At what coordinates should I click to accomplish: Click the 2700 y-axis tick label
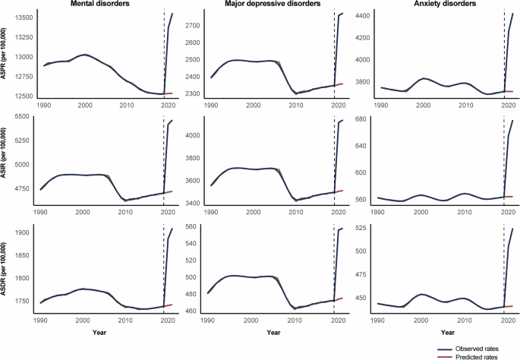click(x=195, y=26)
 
